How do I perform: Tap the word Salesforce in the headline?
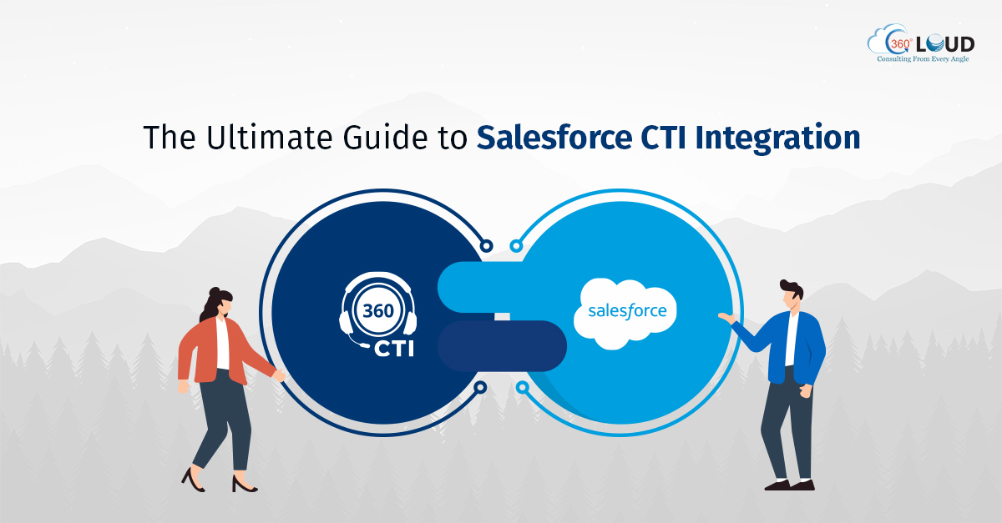554,137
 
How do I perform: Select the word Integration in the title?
778,138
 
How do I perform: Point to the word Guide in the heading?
385,137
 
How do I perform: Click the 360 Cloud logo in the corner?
920,43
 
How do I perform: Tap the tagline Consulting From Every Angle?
923,59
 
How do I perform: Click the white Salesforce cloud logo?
625,314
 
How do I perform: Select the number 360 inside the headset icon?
378,310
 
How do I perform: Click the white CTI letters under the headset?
393,349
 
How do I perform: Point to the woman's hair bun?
215,292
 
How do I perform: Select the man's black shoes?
790,485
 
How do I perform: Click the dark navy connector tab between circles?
502,346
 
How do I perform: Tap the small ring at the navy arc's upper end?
486,246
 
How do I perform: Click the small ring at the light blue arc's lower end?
522,387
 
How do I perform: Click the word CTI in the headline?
664,137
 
